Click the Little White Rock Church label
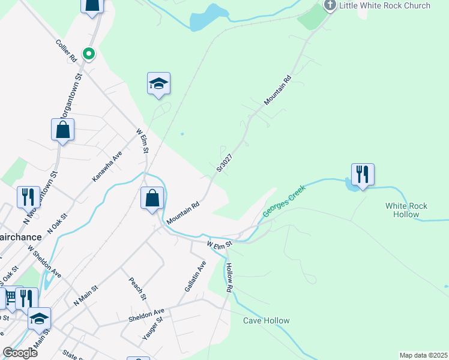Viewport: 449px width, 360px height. pos(385,5)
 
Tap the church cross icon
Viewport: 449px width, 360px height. pos(330,5)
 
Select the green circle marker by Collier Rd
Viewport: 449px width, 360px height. pos(89,55)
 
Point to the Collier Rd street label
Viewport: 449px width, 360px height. pos(65,52)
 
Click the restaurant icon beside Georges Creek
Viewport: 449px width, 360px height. pos(363,174)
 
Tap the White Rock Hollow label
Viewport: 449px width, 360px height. pos(406,210)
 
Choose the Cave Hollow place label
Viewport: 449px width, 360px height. pos(266,320)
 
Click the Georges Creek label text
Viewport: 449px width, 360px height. pos(285,201)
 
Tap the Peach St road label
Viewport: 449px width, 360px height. pos(138,288)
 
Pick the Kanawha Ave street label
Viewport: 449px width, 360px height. pos(107,166)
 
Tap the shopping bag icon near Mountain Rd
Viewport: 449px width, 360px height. pos(152,198)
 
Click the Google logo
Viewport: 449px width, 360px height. pos(20,353)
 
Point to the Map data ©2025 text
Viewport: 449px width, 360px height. pos(423,355)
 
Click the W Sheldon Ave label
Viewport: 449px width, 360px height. pos(44,264)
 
